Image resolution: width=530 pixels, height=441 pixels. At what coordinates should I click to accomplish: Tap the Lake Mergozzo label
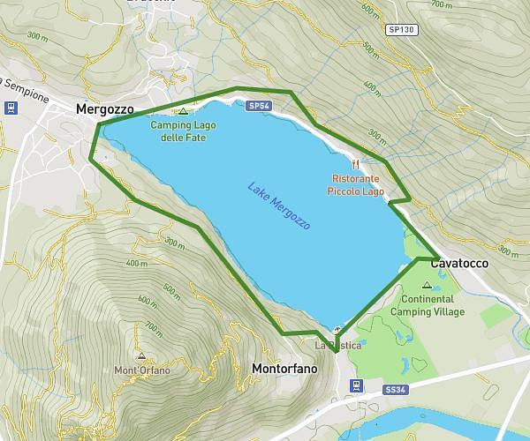[x=279, y=207]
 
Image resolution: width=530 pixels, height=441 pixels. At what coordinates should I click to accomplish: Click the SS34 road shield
[x=395, y=388]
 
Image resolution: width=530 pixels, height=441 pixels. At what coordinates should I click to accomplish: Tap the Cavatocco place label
[x=459, y=264]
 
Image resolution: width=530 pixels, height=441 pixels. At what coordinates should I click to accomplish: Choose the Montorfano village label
[x=284, y=368]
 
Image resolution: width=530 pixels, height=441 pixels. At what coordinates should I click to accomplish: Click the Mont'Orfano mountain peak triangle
[x=141, y=356]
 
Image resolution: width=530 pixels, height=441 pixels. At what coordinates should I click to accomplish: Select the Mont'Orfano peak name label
[x=141, y=370]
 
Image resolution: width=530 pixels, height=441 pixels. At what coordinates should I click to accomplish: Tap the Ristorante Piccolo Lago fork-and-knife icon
[x=356, y=163]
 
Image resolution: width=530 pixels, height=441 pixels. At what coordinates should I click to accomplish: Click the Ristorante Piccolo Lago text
[x=355, y=183]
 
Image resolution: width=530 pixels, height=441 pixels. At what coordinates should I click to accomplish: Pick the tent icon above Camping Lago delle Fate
[x=183, y=112]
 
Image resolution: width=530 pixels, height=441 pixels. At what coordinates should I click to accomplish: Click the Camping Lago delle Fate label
[x=183, y=131]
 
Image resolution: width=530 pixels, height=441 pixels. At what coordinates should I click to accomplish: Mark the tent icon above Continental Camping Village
[x=428, y=285]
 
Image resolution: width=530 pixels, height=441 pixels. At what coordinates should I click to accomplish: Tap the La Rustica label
[x=338, y=346]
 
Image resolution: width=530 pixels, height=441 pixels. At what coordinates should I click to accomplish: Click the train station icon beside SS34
[x=355, y=385]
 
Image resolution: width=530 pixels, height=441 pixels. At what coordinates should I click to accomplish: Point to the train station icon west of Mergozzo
[x=10, y=108]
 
